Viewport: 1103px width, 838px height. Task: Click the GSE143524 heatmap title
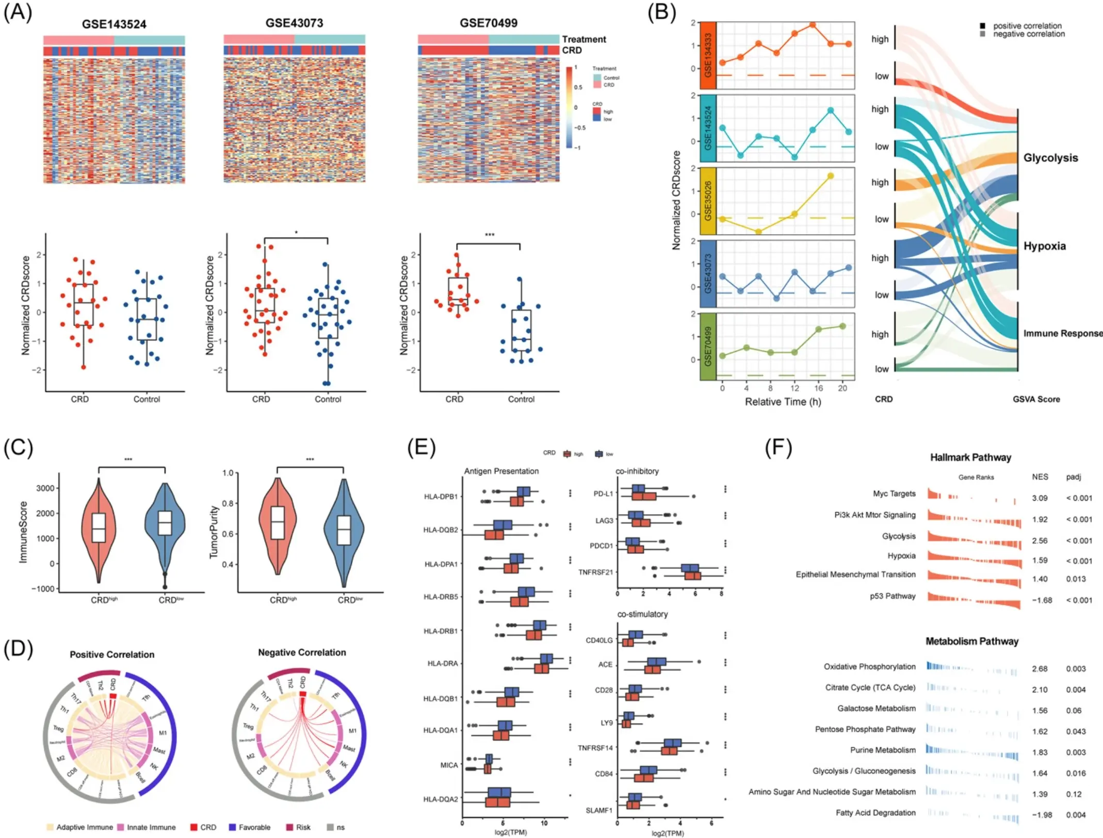point(114,24)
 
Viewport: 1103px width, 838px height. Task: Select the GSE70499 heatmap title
point(488,23)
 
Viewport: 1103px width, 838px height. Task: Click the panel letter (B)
point(661,12)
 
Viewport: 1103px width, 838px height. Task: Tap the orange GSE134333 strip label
point(708,56)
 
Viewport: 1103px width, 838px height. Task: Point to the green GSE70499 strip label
point(708,347)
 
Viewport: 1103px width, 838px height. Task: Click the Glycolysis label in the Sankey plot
point(1050,158)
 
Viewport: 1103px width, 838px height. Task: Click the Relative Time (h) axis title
point(782,402)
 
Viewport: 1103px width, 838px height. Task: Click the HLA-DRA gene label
point(442,663)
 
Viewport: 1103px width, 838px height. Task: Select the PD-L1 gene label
point(603,494)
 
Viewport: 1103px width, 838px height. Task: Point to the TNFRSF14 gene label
point(595,748)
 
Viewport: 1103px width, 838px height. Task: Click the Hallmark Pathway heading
point(970,457)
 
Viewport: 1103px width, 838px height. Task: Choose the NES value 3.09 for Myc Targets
point(1039,498)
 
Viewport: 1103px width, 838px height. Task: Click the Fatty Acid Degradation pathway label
point(875,813)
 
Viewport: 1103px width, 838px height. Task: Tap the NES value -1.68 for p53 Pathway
point(1042,600)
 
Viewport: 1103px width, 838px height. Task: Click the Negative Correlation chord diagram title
point(302,652)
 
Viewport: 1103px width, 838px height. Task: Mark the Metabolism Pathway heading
point(971,641)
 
